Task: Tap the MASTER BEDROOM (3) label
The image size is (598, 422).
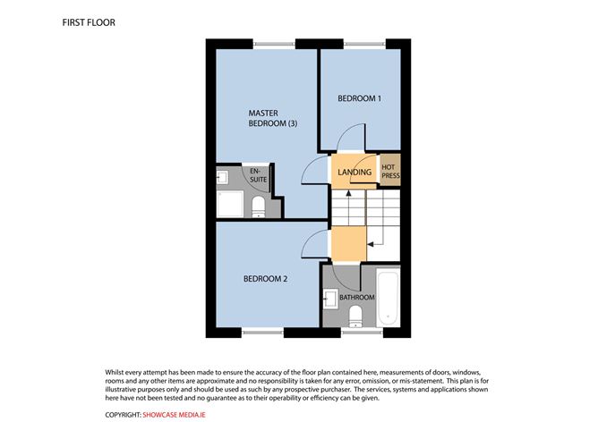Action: tap(272, 118)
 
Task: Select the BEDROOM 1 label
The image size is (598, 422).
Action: tap(359, 98)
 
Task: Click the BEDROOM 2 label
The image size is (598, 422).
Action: tap(266, 279)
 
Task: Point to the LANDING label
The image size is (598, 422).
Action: tap(355, 172)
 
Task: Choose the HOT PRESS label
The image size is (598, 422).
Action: tap(390, 172)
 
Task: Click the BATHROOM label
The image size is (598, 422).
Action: tap(356, 296)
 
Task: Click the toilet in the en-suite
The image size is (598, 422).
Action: tap(259, 208)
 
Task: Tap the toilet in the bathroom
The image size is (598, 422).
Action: tap(355, 316)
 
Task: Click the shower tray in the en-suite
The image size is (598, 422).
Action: tap(229, 205)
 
